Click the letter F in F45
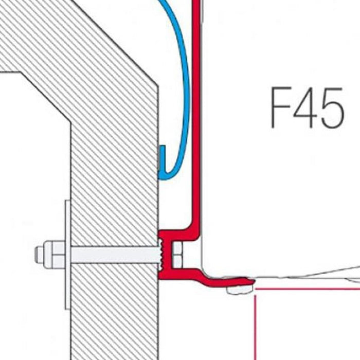tap(281, 107)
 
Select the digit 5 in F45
tap(332, 107)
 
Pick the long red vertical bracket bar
tap(196, 115)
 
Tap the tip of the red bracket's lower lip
tap(253, 281)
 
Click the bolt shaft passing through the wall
tap(115, 255)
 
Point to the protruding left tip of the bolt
tap(36, 255)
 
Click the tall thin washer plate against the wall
tap(67, 255)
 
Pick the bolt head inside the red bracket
tap(177, 255)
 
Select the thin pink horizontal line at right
tap(308, 289)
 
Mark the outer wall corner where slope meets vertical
tap(158, 87)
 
